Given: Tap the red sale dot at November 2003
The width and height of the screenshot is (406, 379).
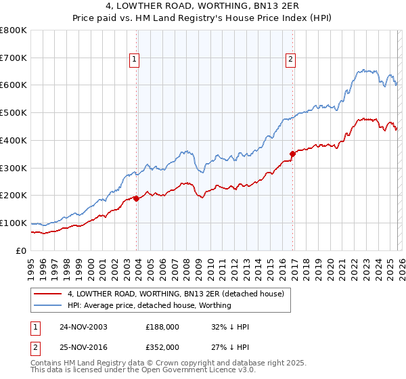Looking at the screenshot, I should pyautogui.click(x=137, y=198).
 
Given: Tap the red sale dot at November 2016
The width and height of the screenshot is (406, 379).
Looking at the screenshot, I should pyautogui.click(x=293, y=154).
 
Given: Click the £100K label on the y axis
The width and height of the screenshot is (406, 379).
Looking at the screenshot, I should pyautogui.click(x=14, y=223).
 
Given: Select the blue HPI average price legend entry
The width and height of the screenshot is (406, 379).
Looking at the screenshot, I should pyautogui.click(x=149, y=305).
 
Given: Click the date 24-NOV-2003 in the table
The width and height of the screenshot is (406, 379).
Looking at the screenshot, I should pyautogui.click(x=83, y=327).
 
